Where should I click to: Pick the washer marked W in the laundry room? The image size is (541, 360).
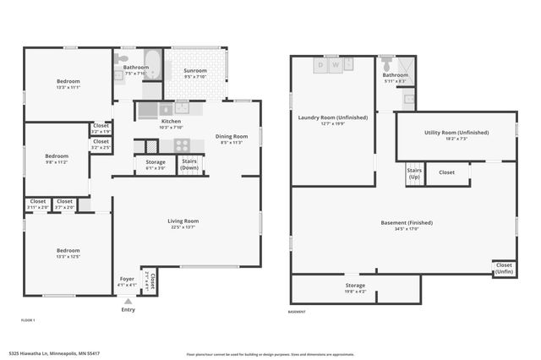[336, 63]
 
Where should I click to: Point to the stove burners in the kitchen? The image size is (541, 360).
[183, 145]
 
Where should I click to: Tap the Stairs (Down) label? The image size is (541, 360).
[189, 164]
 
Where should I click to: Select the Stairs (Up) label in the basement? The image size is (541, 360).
[414, 173]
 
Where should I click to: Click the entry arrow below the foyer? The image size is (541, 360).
[128, 300]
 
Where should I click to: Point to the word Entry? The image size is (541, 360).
[128, 309]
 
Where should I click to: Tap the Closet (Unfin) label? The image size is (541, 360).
[504, 268]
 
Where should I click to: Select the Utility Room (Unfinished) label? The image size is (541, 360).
[456, 132]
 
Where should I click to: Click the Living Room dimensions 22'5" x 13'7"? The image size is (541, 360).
[183, 227]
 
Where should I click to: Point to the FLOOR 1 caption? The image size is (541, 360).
[29, 320]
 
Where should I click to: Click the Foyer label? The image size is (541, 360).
[126, 278]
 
